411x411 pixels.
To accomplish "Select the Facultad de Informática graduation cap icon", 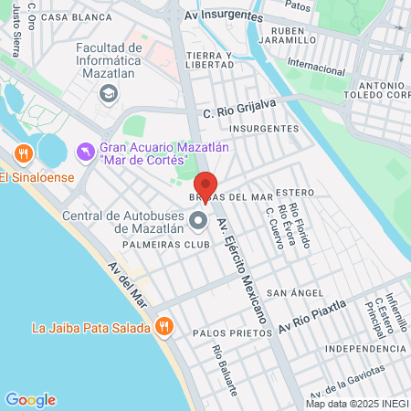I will (x=109, y=92).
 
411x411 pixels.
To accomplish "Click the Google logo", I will (x=30, y=400).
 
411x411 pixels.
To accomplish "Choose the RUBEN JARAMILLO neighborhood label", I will (x=280, y=35).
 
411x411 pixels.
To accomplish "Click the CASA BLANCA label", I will (x=70, y=16).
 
